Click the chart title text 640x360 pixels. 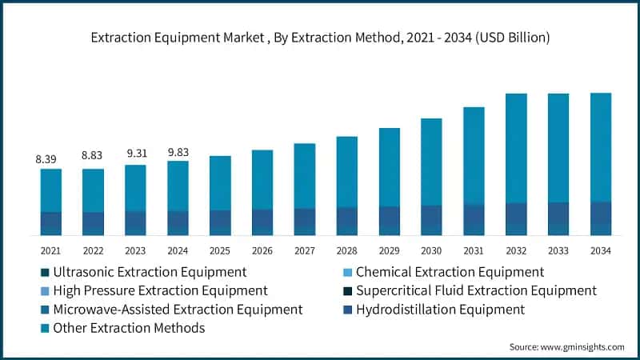point(320,38)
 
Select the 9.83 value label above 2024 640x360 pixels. point(178,152)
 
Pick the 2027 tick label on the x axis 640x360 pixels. point(304,250)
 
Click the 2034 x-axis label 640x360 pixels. point(600,250)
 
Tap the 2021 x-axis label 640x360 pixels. point(50,250)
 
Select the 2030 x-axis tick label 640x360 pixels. point(431,250)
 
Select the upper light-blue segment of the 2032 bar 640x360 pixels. point(516,148)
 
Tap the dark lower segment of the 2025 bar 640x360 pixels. point(220,222)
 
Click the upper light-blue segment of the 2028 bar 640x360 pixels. point(346,172)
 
